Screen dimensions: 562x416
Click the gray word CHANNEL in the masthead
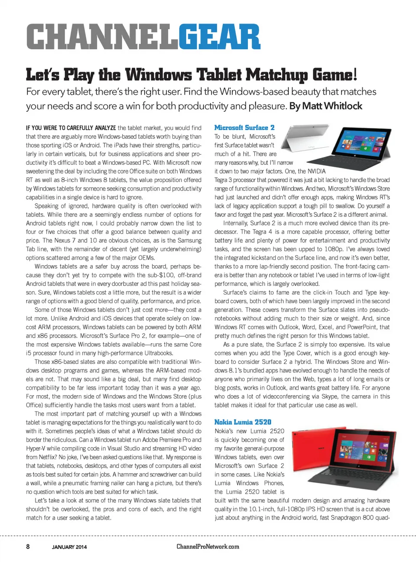pos(102,37)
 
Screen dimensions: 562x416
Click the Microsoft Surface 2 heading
pos(244,128)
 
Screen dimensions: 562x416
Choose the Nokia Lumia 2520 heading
pos(243,422)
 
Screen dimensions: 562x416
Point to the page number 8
pos(28,546)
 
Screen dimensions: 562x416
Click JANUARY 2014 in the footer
pos(69,547)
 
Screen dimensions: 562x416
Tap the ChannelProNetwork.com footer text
pos(208,546)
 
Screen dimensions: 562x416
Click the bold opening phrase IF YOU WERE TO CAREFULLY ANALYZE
pos(71,128)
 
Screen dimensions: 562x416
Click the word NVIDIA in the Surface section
pos(316,171)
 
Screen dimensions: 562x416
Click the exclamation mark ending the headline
pos(355,75)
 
